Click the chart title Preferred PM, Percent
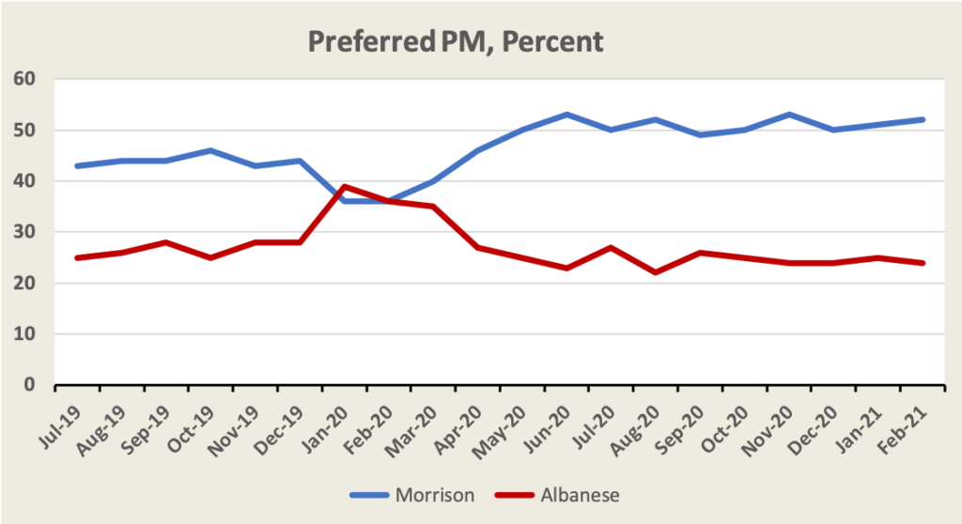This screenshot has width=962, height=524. [457, 41]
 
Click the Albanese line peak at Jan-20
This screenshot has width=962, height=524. [345, 186]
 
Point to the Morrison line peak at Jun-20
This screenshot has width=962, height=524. [567, 115]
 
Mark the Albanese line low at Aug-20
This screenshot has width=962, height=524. [656, 272]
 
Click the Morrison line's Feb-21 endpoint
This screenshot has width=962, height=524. [923, 119]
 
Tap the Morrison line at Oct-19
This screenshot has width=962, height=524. [211, 150]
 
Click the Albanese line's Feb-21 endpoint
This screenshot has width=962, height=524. [923, 263]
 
